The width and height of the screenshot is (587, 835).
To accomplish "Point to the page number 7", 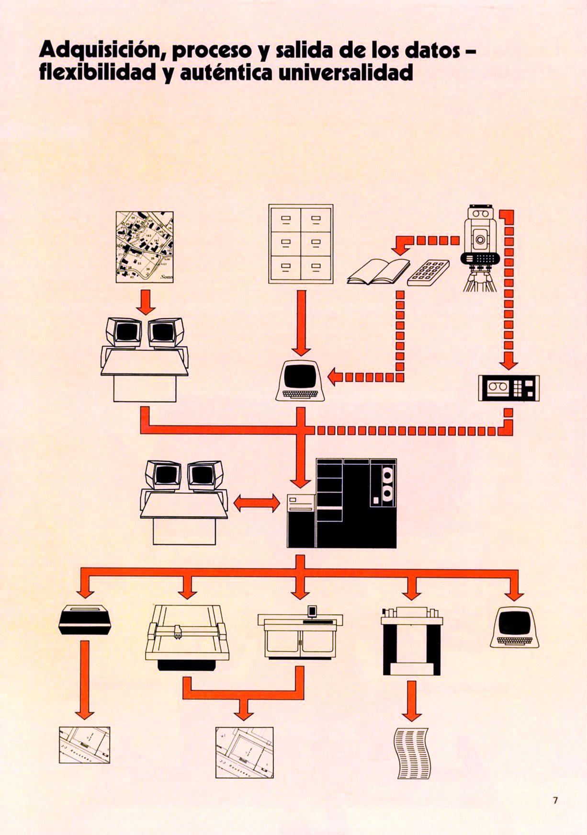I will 555,800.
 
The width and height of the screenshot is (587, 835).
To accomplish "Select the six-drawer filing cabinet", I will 301,244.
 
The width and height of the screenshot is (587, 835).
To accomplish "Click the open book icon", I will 378,271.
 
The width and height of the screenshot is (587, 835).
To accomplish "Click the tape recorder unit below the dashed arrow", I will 508,388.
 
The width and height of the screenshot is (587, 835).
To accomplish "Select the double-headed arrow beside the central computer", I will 257,503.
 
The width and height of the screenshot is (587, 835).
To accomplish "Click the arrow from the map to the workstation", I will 146,303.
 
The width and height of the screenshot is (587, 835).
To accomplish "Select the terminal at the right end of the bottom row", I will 515,627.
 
